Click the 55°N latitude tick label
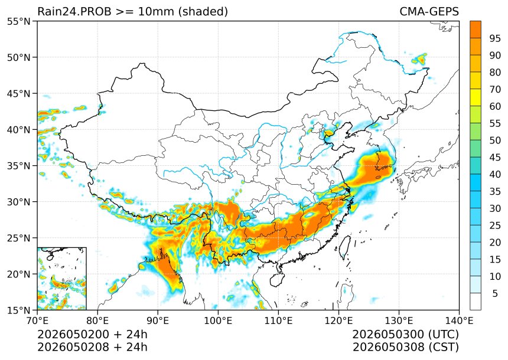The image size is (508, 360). point(18,21)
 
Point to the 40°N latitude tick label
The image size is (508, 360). point(18,130)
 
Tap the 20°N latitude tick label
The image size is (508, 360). point(18,274)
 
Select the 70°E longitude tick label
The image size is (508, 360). point(37,321)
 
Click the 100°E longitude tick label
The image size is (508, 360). point(218,321)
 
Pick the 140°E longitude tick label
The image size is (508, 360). point(459,321)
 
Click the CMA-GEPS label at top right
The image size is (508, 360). point(429,12)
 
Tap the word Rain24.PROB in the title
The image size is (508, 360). point(74,12)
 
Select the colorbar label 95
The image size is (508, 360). point(495,38)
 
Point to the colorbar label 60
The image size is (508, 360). point(495,106)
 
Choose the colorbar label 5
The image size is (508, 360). point(495,293)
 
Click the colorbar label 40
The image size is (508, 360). point(495,174)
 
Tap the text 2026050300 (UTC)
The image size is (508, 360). point(406,334)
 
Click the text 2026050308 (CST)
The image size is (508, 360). point(406,347)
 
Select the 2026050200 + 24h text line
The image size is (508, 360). point(92,334)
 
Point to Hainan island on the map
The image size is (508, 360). point(277,280)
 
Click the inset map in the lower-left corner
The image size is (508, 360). point(62,279)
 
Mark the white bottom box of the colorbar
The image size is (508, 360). point(476,302)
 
